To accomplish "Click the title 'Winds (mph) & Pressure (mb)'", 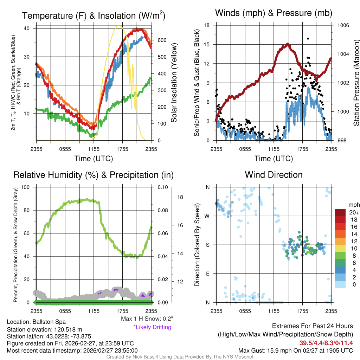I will click(x=274, y=13).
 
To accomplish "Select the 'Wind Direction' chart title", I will click(x=274, y=175).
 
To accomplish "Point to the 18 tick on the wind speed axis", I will click(x=207, y=25).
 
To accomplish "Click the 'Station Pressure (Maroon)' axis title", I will click(x=356, y=83).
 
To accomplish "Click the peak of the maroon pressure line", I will click(x=288, y=44).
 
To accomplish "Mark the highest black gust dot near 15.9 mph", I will click(x=308, y=39).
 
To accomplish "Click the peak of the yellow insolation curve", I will click(x=119, y=26).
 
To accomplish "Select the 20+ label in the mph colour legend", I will click(x=354, y=212).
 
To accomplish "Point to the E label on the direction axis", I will click(x=207, y=274).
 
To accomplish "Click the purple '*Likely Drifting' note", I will click(x=152, y=327).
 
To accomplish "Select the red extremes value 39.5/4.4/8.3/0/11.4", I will click(x=326, y=343).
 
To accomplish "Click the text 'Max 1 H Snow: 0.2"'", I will click(x=147, y=319).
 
